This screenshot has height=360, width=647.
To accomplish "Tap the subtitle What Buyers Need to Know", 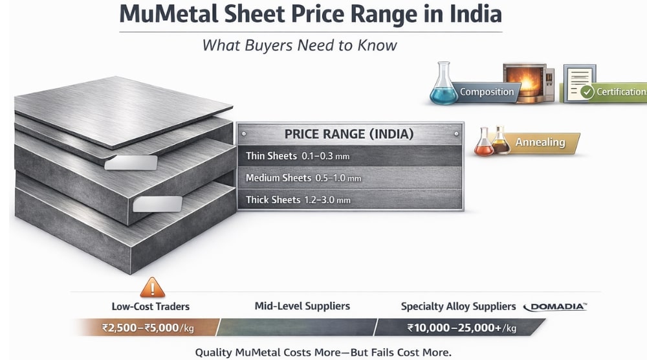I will pyautogui.click(x=300, y=45).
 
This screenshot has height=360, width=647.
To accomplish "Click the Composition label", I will pyautogui.click(x=487, y=92).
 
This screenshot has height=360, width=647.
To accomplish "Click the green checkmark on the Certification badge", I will pyautogui.click(x=587, y=92).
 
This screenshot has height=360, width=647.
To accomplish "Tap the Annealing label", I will pyautogui.click(x=540, y=142).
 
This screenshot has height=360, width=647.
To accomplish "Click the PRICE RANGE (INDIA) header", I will pyautogui.click(x=349, y=135).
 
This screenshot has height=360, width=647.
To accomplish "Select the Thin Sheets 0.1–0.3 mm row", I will pyautogui.click(x=349, y=156).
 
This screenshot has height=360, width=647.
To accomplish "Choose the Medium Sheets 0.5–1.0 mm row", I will pyautogui.click(x=349, y=177).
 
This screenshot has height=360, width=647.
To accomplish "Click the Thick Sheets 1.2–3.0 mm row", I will pyautogui.click(x=349, y=199).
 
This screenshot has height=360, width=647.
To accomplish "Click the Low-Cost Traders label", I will pyautogui.click(x=151, y=306).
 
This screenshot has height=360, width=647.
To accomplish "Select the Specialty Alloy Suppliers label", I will pyautogui.click(x=458, y=306).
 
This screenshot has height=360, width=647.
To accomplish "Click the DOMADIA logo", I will pyautogui.click(x=556, y=306).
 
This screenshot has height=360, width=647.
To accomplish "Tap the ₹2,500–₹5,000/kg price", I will pyautogui.click(x=147, y=328).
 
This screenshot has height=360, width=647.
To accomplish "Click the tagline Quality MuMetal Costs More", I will pyautogui.click(x=323, y=352).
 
